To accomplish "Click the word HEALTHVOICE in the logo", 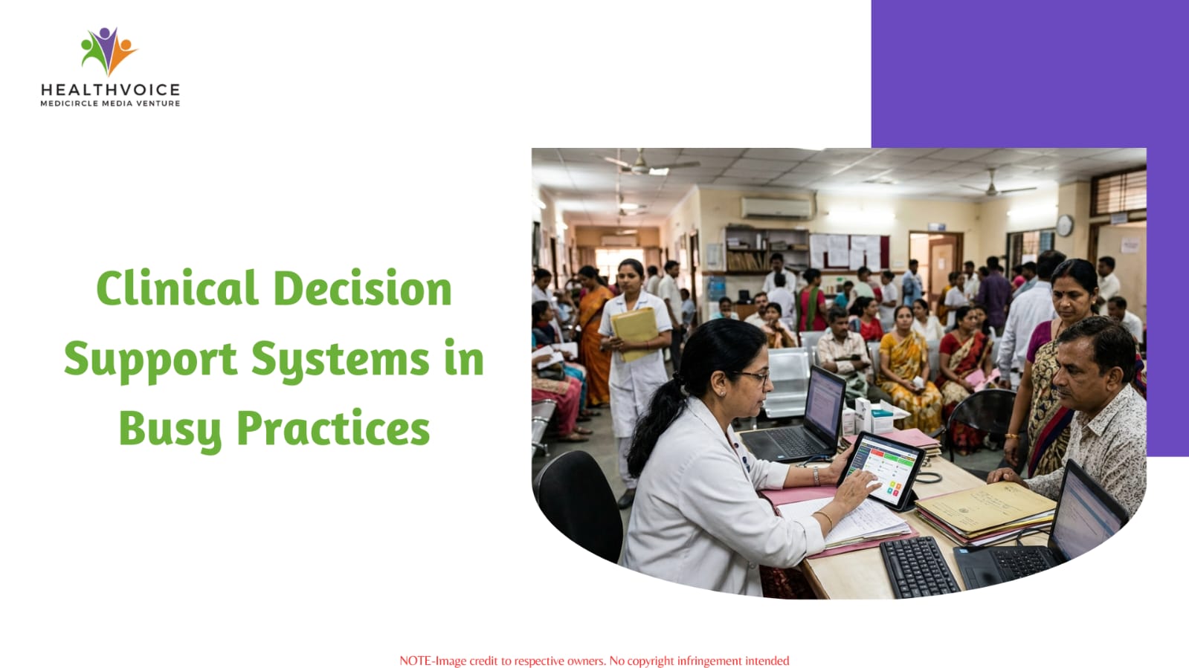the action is (110, 90).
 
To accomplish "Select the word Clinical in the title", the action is (178, 288).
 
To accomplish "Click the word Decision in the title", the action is (363, 288).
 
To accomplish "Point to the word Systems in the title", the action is (341, 360).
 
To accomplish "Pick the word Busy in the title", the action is (170, 429).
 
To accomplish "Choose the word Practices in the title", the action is (333, 429).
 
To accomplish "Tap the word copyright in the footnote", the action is (651, 661).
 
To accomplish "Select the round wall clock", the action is (1064, 225).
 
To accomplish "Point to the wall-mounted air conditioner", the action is (777, 208).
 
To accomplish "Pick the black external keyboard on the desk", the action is (919, 567).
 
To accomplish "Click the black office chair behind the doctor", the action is (578, 504).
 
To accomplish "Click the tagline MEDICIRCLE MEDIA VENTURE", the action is (110, 103).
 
